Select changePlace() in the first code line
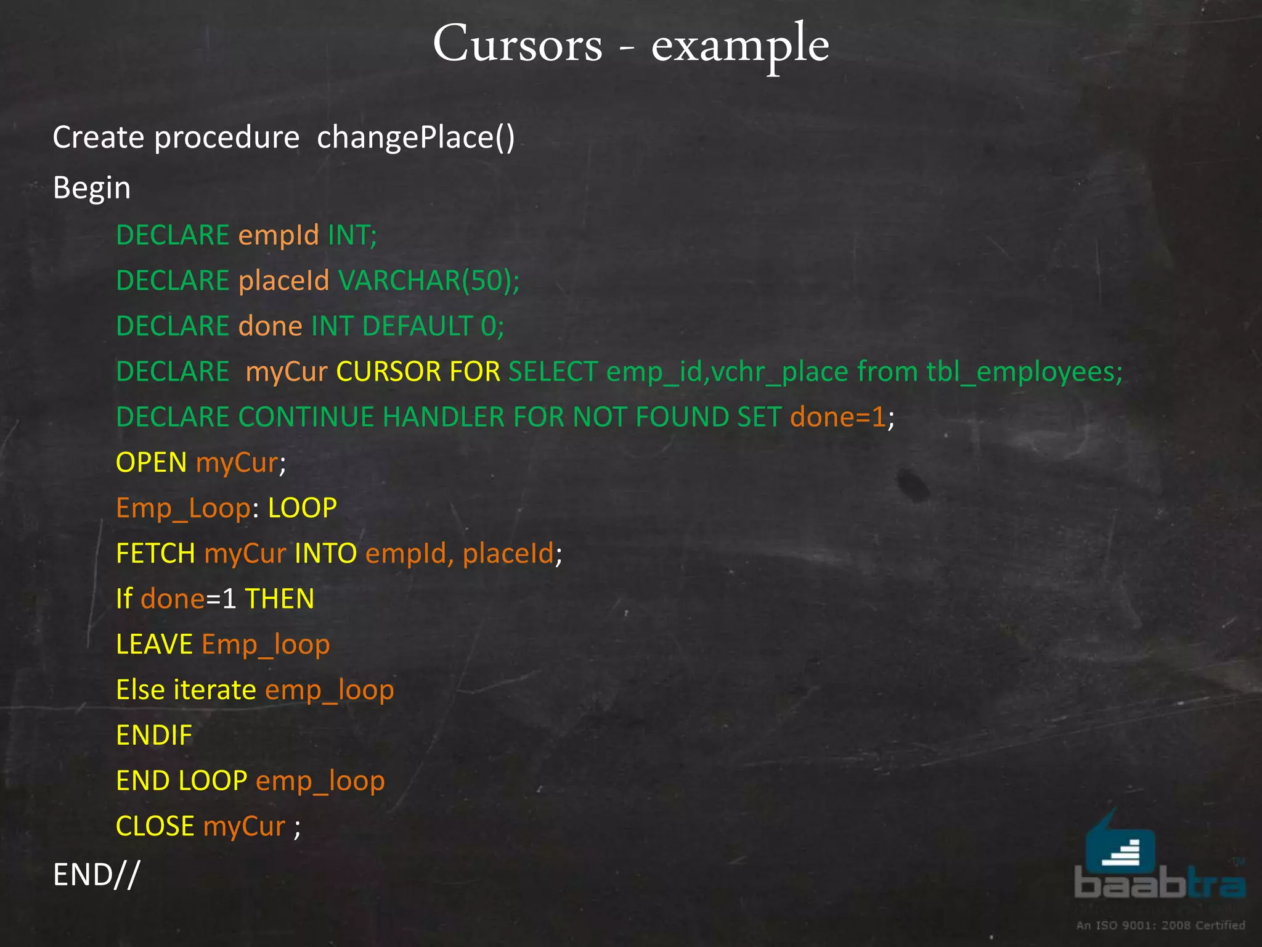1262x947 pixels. pyautogui.click(x=415, y=137)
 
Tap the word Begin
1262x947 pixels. pyautogui.click(x=92, y=188)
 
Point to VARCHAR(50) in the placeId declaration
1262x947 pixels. pyautogui.click(x=428, y=281)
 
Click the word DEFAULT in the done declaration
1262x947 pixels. pyautogui.click(x=417, y=326)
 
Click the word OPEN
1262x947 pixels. pyautogui.click(x=151, y=462)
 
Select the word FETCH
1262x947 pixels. pyautogui.click(x=155, y=554)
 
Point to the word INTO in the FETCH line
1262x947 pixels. pyautogui.click(x=325, y=554)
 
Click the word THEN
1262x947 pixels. pyautogui.click(x=279, y=599)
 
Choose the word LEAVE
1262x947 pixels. pyautogui.click(x=155, y=645)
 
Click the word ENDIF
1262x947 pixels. pyautogui.click(x=154, y=736)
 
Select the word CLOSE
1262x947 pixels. pyautogui.click(x=155, y=826)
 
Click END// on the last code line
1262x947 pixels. pyautogui.click(x=97, y=875)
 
